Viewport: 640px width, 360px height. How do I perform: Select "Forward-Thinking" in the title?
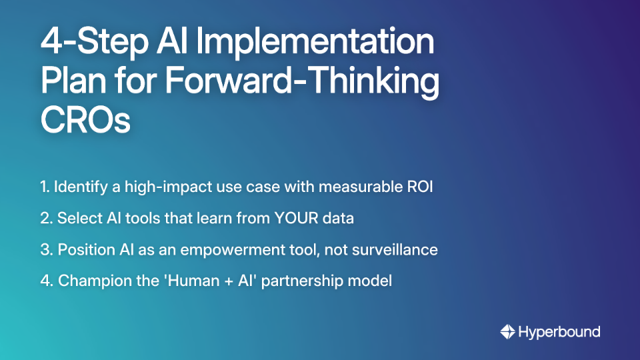point(302,83)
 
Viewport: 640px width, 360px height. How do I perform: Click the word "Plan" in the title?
point(75,83)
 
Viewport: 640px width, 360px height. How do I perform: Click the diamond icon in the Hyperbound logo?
point(507,332)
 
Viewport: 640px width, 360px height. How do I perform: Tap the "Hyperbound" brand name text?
point(559,332)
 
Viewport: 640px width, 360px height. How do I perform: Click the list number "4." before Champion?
point(46,281)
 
